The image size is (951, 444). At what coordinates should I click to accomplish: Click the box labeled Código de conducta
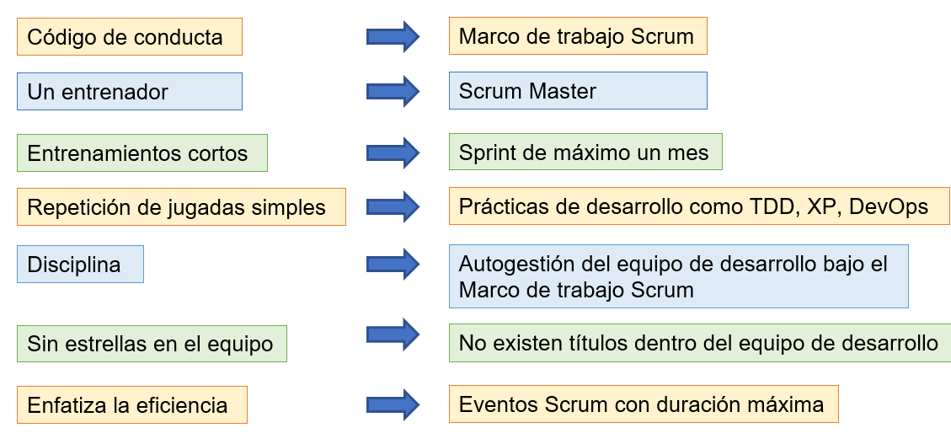pyautogui.click(x=129, y=37)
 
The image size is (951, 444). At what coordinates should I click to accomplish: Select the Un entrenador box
pyautogui.click(x=129, y=91)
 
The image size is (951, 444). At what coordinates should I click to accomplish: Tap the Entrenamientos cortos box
pyautogui.click(x=142, y=153)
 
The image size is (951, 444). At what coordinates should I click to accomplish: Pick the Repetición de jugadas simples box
pyautogui.click(x=181, y=207)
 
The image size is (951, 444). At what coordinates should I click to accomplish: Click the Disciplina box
pyautogui.click(x=80, y=265)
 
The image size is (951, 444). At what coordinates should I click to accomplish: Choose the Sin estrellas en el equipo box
pyautogui.click(x=152, y=344)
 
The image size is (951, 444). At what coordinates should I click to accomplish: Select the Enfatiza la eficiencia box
pyautogui.click(x=131, y=405)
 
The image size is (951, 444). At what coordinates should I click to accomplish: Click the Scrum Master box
pyautogui.click(x=577, y=91)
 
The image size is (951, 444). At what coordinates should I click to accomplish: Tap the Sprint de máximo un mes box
pyautogui.click(x=585, y=153)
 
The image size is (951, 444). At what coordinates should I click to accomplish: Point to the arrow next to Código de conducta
pyautogui.click(x=393, y=37)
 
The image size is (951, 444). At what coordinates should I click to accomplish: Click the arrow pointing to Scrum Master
pyautogui.click(x=393, y=91)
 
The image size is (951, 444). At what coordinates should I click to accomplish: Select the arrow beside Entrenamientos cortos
pyautogui.click(x=393, y=153)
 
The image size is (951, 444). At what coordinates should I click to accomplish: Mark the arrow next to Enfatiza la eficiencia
pyautogui.click(x=393, y=404)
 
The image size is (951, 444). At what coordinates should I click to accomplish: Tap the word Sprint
pyautogui.click(x=486, y=153)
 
